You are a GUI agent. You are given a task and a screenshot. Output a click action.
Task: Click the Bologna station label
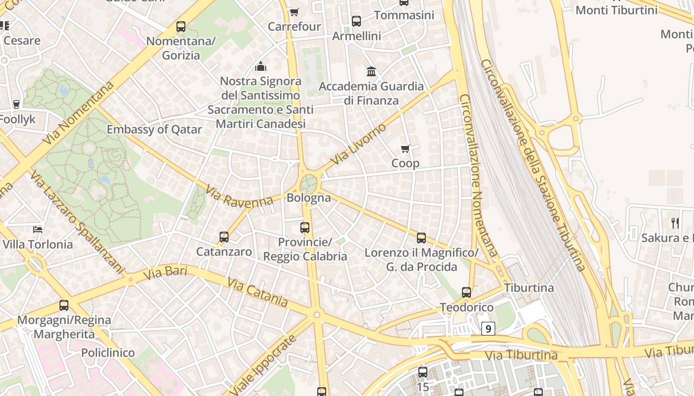(x=309, y=198)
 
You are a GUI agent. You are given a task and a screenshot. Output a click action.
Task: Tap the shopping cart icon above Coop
(x=405, y=148)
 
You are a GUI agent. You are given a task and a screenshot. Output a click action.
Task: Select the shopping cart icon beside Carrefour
(x=294, y=12)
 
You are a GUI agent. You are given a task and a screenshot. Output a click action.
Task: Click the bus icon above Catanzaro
(x=224, y=237)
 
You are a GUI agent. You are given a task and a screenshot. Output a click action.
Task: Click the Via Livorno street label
(x=358, y=144)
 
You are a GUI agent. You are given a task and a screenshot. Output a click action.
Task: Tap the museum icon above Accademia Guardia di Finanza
(x=371, y=72)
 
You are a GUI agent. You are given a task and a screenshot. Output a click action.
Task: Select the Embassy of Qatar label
(x=154, y=130)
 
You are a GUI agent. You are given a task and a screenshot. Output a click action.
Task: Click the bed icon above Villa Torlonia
(x=38, y=229)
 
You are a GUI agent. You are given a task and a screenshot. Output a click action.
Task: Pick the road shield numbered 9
(x=488, y=328)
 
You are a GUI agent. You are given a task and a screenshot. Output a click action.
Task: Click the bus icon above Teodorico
(x=466, y=293)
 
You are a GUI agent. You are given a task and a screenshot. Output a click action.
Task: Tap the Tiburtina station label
(x=529, y=288)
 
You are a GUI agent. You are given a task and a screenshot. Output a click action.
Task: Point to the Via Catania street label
(x=257, y=292)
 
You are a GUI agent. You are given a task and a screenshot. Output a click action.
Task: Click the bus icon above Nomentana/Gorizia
(x=181, y=27)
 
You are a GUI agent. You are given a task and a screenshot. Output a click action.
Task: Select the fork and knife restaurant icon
(x=675, y=223)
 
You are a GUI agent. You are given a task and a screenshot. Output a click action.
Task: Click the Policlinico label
(x=108, y=353)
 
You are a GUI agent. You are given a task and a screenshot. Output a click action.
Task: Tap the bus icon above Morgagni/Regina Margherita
(x=64, y=305)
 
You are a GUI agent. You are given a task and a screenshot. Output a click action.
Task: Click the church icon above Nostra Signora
(x=261, y=66)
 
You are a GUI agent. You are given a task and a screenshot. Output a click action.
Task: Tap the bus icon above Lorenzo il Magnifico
(x=421, y=238)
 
